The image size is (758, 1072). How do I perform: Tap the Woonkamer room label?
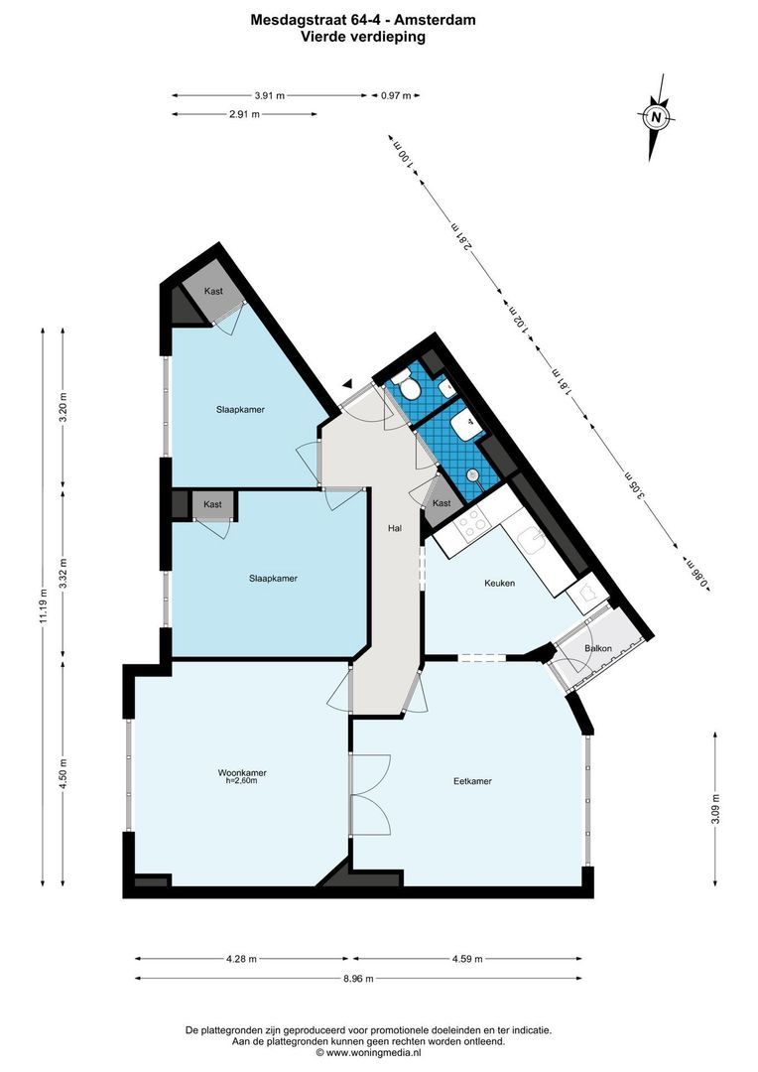coord(242,772)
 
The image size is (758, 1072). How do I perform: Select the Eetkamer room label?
coord(472,781)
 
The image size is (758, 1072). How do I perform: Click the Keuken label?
coord(499,583)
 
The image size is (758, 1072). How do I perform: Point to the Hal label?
coord(395,529)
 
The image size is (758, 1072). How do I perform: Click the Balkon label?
coord(598,648)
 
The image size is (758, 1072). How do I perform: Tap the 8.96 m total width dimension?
coord(357,979)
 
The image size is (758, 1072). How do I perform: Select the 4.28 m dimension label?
coord(241,959)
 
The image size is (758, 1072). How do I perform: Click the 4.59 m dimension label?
coord(466,959)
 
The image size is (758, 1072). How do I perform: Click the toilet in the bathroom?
coord(403,385)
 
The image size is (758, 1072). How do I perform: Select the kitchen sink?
coord(532,541)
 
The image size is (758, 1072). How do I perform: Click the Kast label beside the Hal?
coord(442,503)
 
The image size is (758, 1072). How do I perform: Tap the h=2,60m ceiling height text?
coord(242,781)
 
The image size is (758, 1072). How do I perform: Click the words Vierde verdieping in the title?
coord(363,37)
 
